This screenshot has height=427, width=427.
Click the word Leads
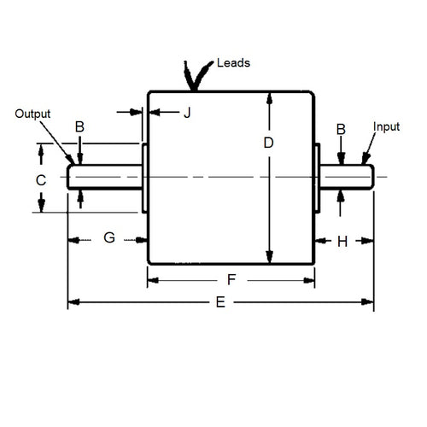(233, 64)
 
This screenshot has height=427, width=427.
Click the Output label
(33, 114)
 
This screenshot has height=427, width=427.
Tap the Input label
(387, 126)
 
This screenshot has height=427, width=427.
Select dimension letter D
(268, 143)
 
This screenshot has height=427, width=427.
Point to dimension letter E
(221, 302)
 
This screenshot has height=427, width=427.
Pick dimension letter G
(109, 238)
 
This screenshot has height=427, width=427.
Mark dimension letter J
(188, 111)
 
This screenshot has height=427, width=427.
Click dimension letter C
(39, 179)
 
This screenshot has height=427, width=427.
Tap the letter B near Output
(79, 127)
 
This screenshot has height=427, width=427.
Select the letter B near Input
(341, 129)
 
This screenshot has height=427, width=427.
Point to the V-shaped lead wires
(197, 75)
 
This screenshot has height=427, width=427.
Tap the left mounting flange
(144, 178)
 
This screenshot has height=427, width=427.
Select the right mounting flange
(317, 178)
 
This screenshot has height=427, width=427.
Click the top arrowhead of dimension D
(269, 97)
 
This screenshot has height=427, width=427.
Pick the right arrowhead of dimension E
(370, 302)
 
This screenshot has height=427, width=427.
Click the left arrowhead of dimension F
(153, 278)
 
